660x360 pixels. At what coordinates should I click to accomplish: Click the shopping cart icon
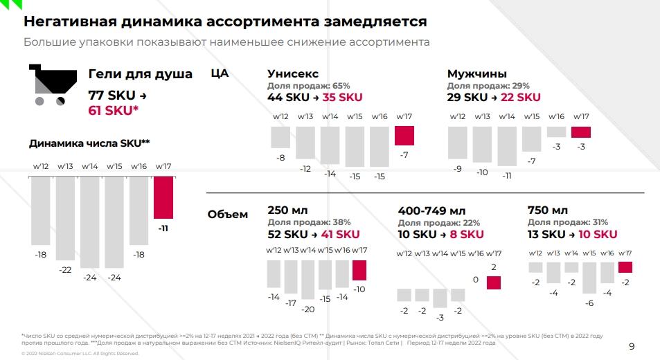(49, 84)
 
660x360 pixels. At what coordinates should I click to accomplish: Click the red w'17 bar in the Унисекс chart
(404, 135)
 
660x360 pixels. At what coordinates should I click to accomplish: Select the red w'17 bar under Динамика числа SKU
(163, 197)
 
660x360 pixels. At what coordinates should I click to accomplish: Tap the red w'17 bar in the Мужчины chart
(580, 132)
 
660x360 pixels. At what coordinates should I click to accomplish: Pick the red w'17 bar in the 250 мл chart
(359, 270)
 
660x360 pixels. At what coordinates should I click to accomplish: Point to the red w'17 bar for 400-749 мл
(493, 282)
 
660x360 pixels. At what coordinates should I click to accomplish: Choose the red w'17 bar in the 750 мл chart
(625, 267)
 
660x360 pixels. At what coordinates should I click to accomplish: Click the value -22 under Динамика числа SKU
(65, 269)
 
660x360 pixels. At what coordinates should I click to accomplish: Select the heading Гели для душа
(141, 74)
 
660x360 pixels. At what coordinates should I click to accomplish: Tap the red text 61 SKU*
(114, 110)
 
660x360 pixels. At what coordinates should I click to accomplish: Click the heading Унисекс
(293, 73)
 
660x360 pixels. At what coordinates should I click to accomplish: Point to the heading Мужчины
(476, 73)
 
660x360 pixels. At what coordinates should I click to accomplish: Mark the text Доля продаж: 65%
(308, 85)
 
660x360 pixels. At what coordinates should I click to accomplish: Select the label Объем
(227, 214)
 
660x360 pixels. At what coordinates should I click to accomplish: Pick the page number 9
(631, 346)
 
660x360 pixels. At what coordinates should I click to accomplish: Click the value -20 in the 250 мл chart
(307, 309)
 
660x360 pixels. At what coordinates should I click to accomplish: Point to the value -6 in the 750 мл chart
(589, 303)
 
